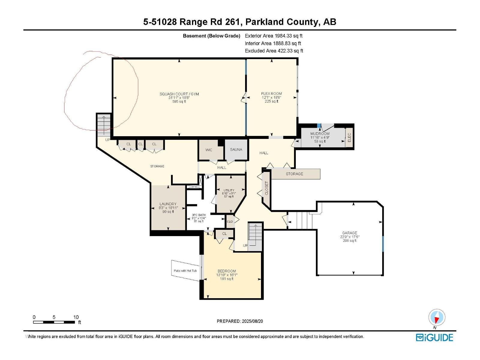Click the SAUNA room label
coord(236,149)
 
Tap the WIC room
coord(209,150)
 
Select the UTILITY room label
coord(229,190)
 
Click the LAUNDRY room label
coord(168,204)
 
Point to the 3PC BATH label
coord(199,215)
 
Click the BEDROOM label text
coord(227,271)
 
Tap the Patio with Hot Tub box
coord(185,271)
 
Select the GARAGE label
coord(349,233)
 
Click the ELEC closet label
coord(349,138)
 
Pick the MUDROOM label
coord(320,134)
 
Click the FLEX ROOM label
coord(271,94)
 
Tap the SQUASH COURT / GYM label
coord(179,94)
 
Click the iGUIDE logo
coord(434,337)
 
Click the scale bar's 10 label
coord(76,317)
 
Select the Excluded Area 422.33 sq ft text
coord(274,51)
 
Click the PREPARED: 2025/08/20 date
coord(240,321)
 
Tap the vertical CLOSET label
coord(266,188)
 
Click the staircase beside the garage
coord(300,220)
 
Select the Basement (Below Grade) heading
coord(211,36)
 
